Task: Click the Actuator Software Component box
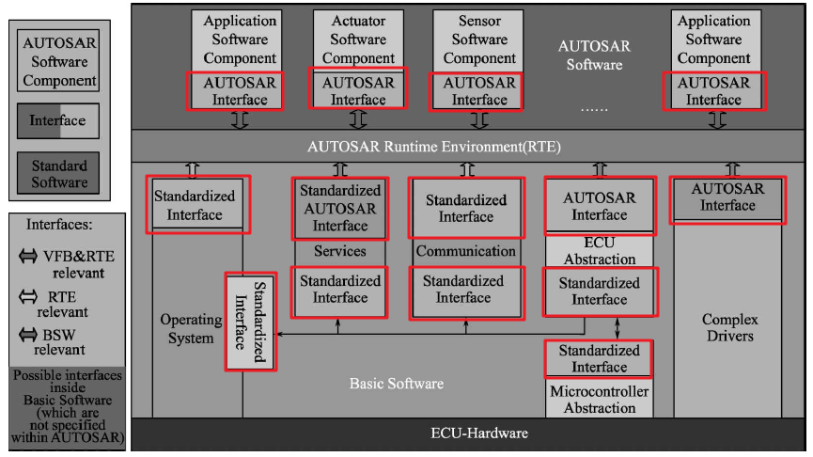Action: coord(358,39)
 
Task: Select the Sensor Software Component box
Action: coord(479,39)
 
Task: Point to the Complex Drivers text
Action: coord(729,327)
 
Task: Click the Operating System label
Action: coord(191,328)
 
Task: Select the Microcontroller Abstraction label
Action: coord(600,399)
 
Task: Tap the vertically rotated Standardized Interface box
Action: coord(250,322)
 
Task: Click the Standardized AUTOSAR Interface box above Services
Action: coord(339,208)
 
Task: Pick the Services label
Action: coord(339,251)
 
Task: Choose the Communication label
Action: coord(466,251)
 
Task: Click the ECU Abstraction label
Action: coord(600,250)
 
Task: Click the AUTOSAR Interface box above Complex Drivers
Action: coord(727,197)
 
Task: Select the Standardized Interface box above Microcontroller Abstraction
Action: coord(599,358)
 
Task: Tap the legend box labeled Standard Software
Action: coord(59,174)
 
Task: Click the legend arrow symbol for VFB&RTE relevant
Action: coord(29,256)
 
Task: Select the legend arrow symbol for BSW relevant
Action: coord(29,334)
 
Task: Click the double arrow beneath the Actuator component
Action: coord(357,120)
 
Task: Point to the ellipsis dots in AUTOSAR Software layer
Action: coord(594,110)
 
